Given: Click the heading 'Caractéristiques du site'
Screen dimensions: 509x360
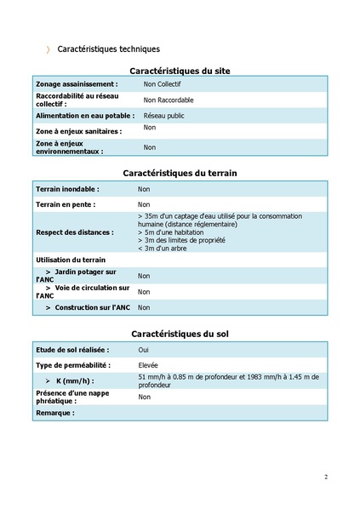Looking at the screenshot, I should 180,71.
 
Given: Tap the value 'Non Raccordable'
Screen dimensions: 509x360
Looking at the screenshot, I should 169,100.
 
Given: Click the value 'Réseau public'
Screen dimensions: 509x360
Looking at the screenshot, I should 164,115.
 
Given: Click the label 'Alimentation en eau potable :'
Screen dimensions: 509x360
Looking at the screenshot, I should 84,115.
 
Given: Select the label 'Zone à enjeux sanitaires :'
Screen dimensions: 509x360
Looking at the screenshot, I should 78,132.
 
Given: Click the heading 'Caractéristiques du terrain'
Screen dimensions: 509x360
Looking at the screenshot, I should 180,173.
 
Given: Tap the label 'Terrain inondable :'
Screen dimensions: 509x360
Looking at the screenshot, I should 67,189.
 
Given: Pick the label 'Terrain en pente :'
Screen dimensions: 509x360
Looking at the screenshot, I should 65,204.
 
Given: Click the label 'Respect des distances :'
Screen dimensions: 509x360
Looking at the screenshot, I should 74,232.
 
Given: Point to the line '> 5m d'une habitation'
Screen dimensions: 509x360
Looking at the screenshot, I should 174,232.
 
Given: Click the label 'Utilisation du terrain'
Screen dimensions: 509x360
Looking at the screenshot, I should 71,259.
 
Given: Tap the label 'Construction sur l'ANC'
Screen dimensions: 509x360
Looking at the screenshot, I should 88,307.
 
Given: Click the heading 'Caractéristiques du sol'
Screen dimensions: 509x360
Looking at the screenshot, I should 180,334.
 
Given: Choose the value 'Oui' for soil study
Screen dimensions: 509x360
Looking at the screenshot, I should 144,349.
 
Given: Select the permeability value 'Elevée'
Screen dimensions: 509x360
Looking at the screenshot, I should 148,364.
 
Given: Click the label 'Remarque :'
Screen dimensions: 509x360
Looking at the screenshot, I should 55,413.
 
